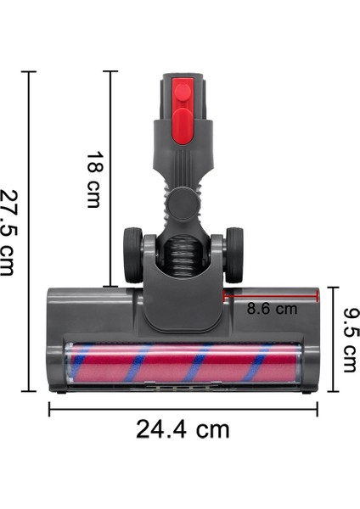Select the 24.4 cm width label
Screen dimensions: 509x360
(183, 429)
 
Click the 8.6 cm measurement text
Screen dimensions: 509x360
(272, 309)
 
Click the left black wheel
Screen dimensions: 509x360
(132, 255)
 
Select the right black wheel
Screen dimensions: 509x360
(233, 255)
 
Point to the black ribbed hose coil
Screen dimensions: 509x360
(183, 251)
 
